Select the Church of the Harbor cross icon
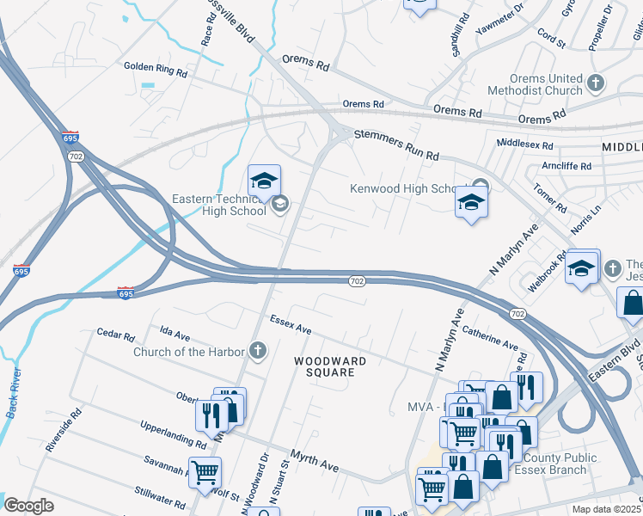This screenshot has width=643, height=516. tap(256, 349)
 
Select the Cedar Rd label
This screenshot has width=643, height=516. tap(116, 335)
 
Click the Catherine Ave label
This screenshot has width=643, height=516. tap(490, 336)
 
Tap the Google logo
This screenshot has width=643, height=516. tap(28, 506)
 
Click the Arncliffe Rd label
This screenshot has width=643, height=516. tap(566, 165)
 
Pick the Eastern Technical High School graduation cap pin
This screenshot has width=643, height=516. tap(264, 181)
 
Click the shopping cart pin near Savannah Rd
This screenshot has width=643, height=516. tap(205, 472)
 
